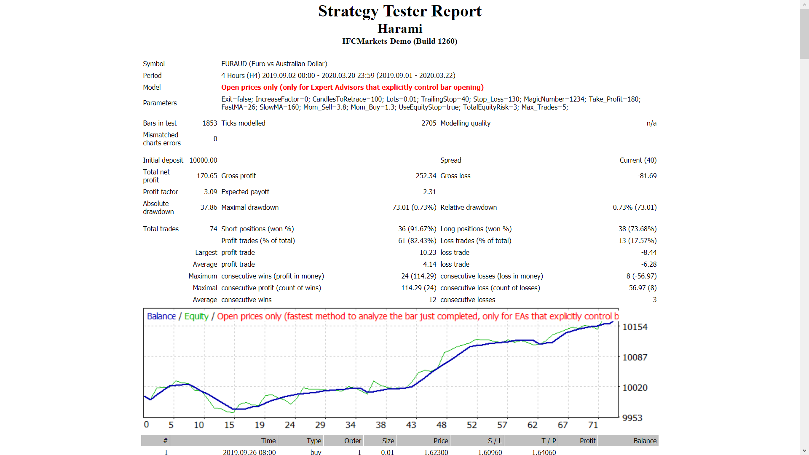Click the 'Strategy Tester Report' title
pyautogui.click(x=399, y=11)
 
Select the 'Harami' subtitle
pyautogui.click(x=399, y=29)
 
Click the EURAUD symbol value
pyautogui.click(x=274, y=64)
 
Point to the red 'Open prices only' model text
pyautogui.click(x=352, y=87)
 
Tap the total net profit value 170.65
pyautogui.click(x=207, y=176)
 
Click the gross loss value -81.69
pyautogui.click(x=647, y=176)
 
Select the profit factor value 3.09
pyautogui.click(x=210, y=192)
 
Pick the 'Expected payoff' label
pyautogui.click(x=245, y=192)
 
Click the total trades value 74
pyautogui.click(x=213, y=229)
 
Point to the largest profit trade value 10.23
pyautogui.click(x=428, y=252)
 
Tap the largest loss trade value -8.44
pyautogui.click(x=649, y=252)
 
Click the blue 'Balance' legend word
pyautogui.click(x=161, y=316)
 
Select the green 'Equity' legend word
pyautogui.click(x=196, y=316)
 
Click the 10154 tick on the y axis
pyautogui.click(x=635, y=327)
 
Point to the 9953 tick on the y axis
pyautogui.click(x=632, y=418)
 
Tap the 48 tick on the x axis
pyautogui.click(x=441, y=425)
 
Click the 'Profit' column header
pyautogui.click(x=587, y=441)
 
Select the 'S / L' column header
pyautogui.click(x=495, y=441)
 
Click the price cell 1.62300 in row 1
pyautogui.click(x=436, y=452)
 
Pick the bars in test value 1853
pyautogui.click(x=209, y=123)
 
